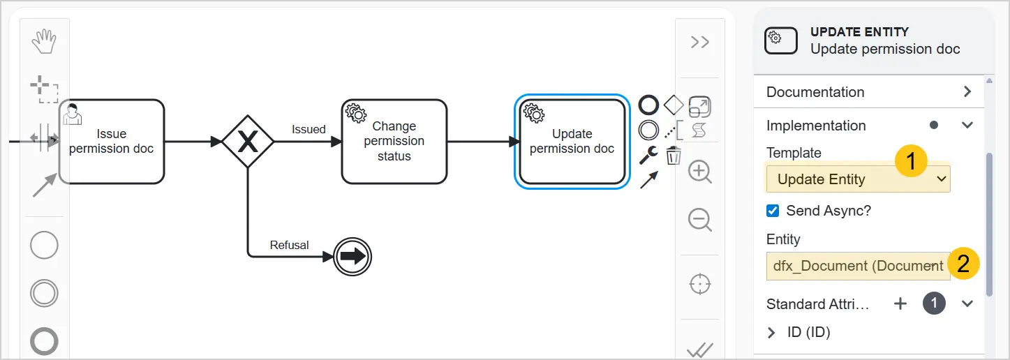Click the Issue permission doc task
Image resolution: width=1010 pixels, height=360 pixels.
point(112,142)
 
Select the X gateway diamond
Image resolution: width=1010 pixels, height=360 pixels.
point(248,142)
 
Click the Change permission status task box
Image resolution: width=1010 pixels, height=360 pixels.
point(394,142)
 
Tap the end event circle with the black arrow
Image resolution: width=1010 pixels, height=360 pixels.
point(352,256)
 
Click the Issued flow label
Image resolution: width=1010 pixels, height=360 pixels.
point(309,129)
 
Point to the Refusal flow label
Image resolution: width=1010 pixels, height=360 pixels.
point(289,245)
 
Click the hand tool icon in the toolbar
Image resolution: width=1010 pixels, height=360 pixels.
point(44,41)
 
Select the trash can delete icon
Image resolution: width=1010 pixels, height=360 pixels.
point(674,156)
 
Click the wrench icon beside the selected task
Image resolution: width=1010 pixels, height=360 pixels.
point(648,156)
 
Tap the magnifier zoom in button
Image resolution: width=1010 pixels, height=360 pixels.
point(700,172)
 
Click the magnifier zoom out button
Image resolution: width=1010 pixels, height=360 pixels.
point(700,220)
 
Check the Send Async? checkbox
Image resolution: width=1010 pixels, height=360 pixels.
point(773,211)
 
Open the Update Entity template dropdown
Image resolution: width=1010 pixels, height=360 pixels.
point(858,179)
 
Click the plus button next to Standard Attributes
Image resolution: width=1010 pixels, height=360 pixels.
point(900,303)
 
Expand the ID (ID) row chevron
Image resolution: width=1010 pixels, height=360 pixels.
point(771,333)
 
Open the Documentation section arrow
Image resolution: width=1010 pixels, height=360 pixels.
point(967,92)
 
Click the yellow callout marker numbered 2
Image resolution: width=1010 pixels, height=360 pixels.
point(963,264)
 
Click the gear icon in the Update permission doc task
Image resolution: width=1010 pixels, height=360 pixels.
point(534,113)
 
